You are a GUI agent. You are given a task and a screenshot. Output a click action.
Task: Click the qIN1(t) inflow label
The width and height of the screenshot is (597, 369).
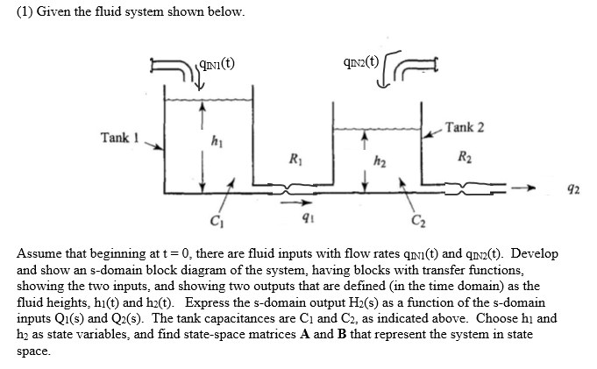(215, 63)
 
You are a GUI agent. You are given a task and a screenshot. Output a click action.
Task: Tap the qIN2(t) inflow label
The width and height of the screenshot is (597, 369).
(362, 62)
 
